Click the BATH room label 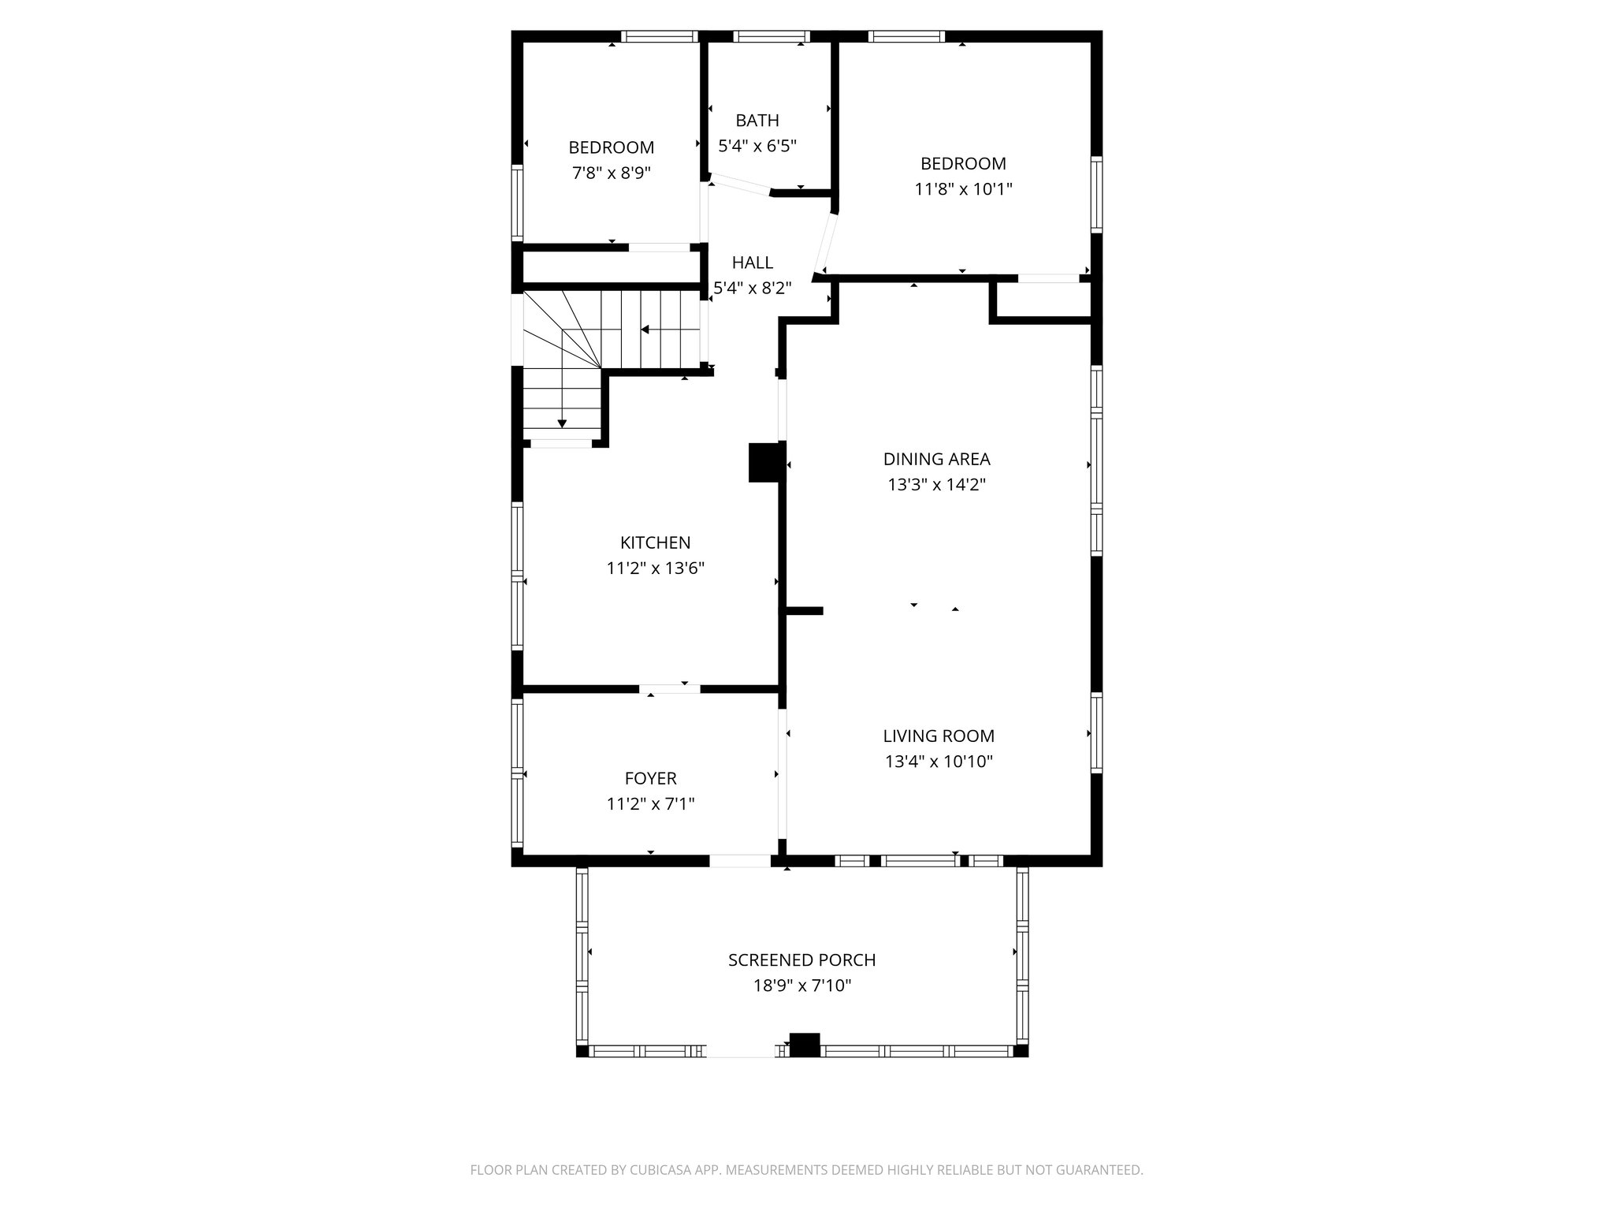(757, 121)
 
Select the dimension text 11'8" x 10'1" (963, 189)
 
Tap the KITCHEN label (655, 542)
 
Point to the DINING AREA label (936, 459)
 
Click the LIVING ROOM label (938, 736)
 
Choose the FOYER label (650, 778)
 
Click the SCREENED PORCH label (801, 959)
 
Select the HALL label (752, 263)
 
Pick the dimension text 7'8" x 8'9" (611, 173)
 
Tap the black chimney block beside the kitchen (763, 462)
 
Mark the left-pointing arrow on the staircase (645, 330)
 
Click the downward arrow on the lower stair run (562, 423)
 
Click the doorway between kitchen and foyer (669, 689)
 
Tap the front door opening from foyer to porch (740, 861)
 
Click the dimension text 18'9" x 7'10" (801, 986)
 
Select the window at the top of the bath (771, 36)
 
